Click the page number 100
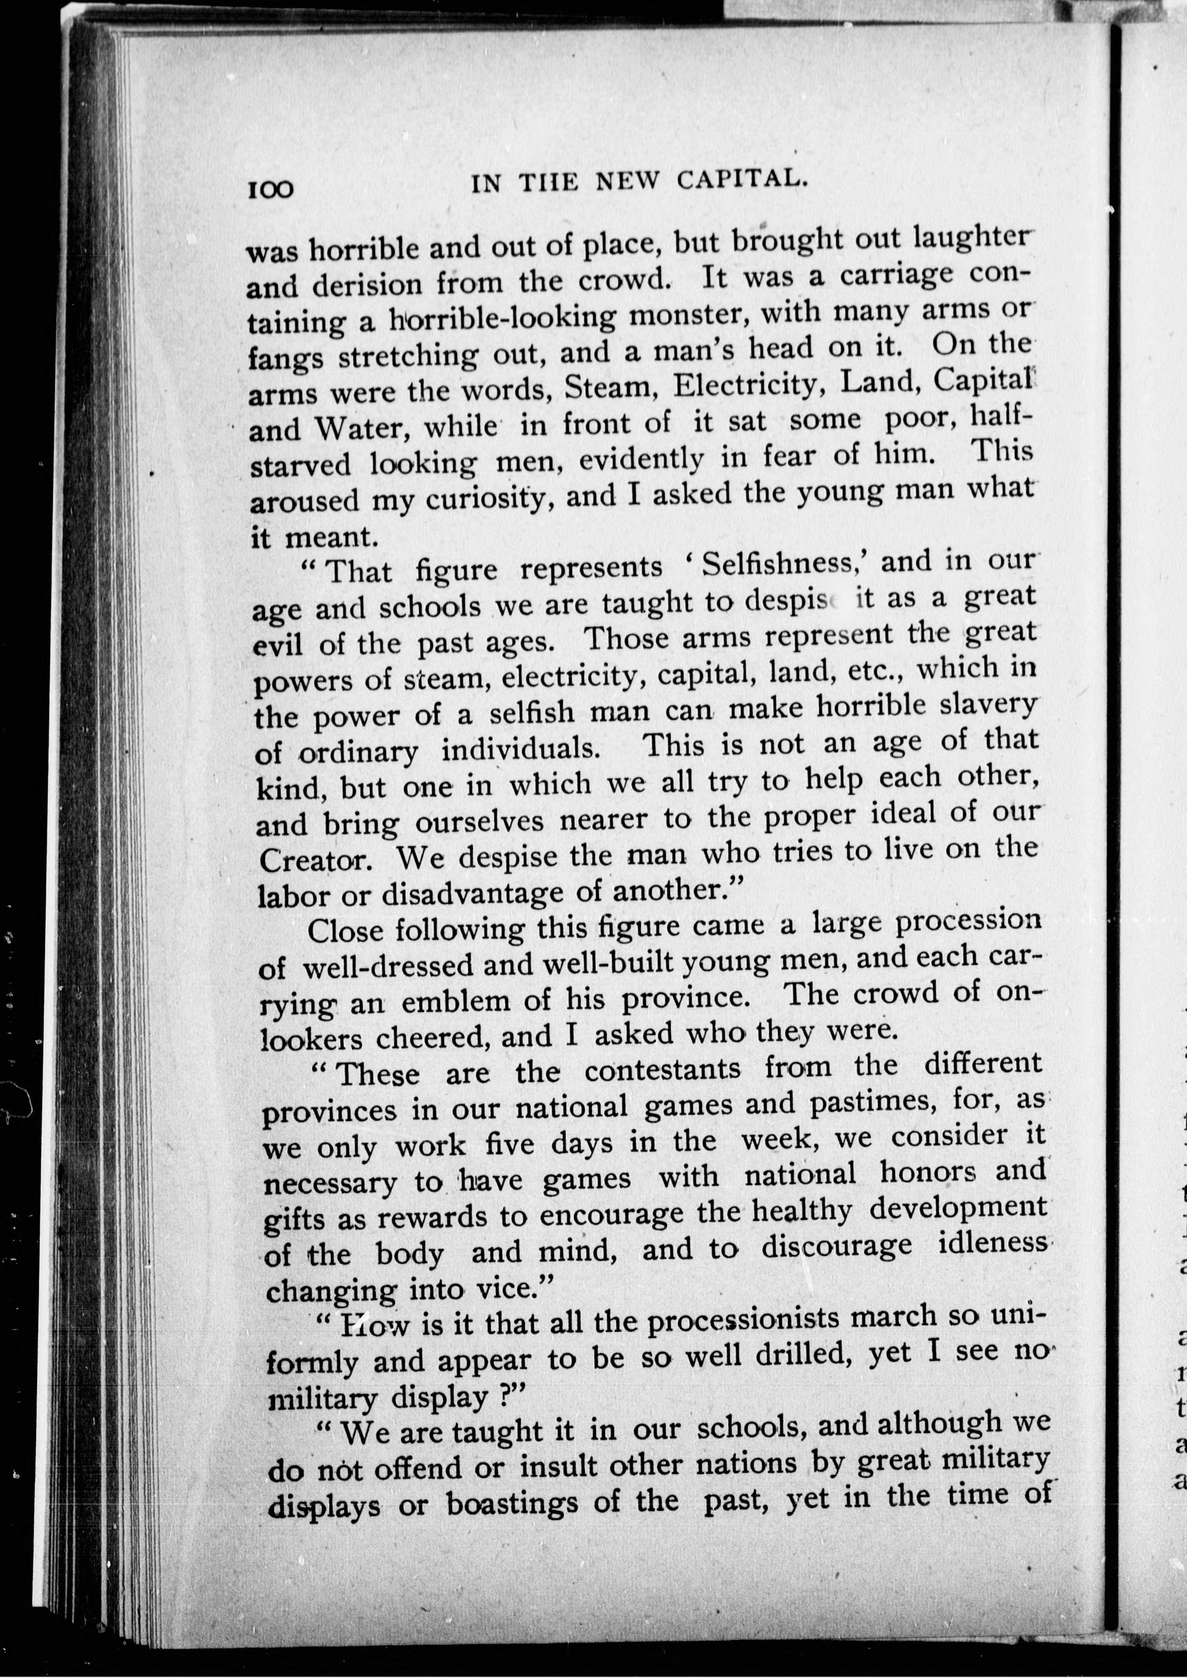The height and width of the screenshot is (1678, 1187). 270,189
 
